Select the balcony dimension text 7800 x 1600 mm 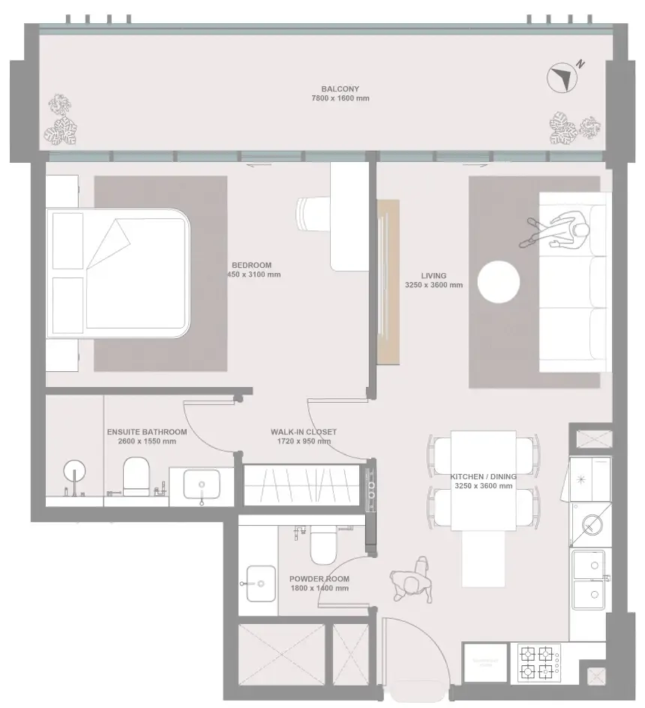tap(340, 98)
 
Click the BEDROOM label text tap(251, 265)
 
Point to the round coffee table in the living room tap(499, 281)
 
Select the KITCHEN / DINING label tap(483, 476)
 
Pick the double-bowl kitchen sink tap(589, 579)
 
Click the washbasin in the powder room tap(259, 582)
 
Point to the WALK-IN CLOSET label tap(303, 432)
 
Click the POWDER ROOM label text tap(319, 579)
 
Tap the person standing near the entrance tap(411, 581)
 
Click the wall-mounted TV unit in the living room tap(388, 281)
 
